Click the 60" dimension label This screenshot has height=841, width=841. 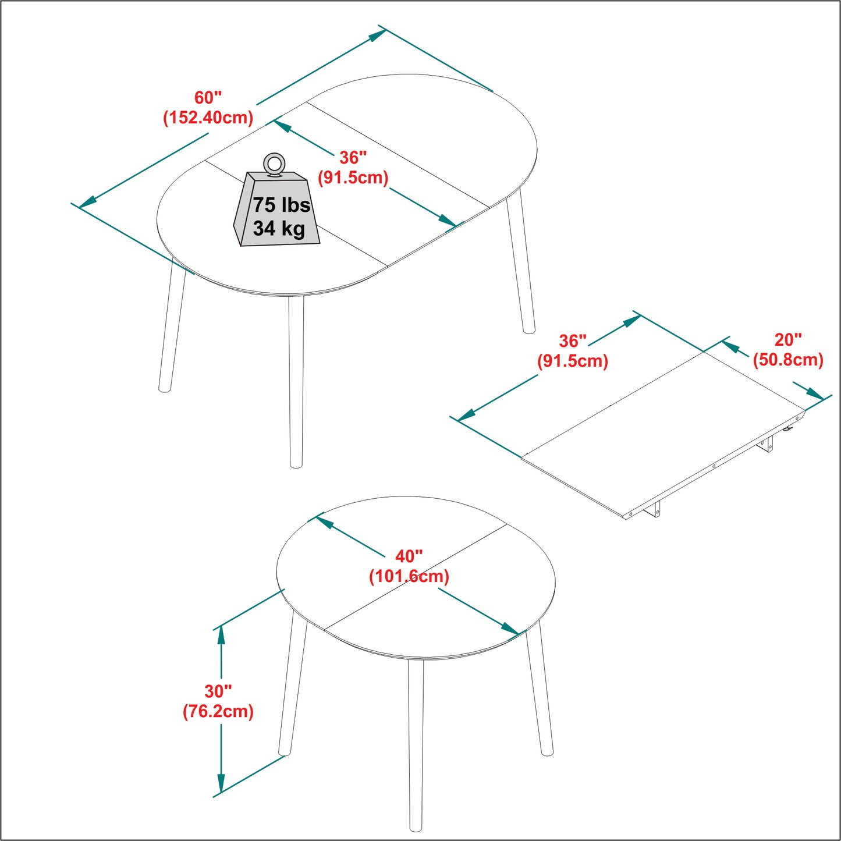point(208,98)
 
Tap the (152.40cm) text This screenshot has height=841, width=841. point(208,118)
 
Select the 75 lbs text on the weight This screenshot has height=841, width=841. point(281,205)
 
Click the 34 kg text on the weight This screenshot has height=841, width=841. point(279,228)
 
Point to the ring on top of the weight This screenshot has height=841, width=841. point(274,163)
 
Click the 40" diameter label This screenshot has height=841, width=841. point(409,556)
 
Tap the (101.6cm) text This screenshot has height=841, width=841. point(409,576)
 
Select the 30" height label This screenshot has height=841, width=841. point(218,691)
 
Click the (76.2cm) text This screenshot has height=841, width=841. point(218,711)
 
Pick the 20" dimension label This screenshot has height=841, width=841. point(788,340)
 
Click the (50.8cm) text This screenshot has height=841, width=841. point(788,360)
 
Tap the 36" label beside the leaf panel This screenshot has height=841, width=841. point(573,341)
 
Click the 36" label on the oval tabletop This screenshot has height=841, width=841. point(353,157)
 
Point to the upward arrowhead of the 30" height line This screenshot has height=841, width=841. point(221,635)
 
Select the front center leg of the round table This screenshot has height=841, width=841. point(415,745)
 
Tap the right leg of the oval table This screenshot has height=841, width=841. point(521,262)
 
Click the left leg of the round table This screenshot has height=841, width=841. point(293,687)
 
